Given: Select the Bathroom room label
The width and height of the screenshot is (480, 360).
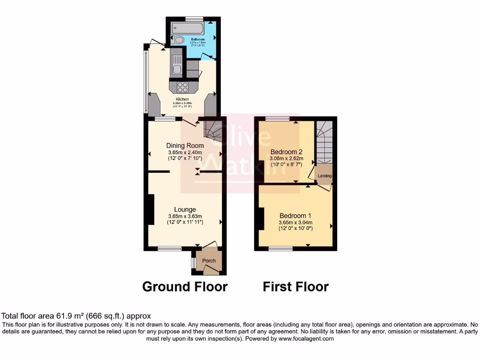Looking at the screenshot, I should click(197, 39).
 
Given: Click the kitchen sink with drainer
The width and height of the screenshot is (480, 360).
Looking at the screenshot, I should click(176, 66).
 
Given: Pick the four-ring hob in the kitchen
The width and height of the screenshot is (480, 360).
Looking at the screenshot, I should click(182, 87).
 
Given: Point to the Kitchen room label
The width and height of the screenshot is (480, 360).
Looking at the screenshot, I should click(182, 99).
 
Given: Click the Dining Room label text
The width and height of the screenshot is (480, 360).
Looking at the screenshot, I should click(185, 146).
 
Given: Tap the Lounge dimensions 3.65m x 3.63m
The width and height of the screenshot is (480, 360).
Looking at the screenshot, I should click(185, 216).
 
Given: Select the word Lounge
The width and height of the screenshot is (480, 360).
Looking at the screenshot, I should click(185, 210).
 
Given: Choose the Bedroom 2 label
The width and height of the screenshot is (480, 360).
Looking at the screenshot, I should click(286, 152).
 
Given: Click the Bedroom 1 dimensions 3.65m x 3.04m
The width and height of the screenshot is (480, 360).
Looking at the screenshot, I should click(295, 223).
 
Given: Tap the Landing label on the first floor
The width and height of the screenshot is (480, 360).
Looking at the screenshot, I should click(325, 176).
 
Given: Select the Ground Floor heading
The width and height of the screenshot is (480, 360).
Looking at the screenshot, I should click(185, 286).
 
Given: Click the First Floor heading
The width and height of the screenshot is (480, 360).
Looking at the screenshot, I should click(295, 286).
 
